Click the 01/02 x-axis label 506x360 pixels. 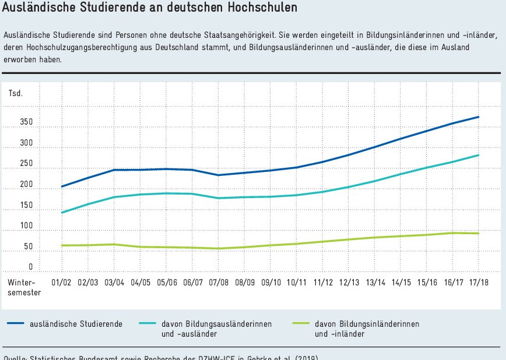61,283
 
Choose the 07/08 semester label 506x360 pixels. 218,283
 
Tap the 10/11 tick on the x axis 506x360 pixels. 297,283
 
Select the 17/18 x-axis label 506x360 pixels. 480,283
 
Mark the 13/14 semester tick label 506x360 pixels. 375,283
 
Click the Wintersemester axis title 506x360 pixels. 24,287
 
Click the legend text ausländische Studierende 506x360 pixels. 76,324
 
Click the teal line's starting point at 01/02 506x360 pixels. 61,213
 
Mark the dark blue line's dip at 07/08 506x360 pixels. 218,175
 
